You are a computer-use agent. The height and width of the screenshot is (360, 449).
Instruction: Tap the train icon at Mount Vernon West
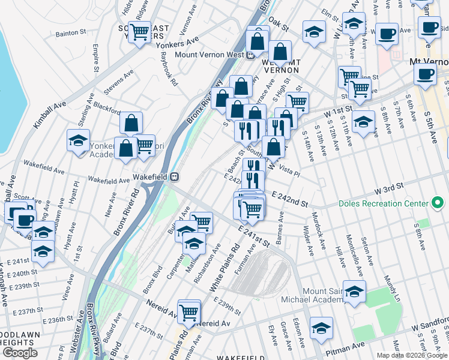tap(249, 55)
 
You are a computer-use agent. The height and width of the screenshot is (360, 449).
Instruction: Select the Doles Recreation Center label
tap(382, 203)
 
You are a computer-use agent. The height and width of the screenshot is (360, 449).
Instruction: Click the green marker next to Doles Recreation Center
tap(438, 203)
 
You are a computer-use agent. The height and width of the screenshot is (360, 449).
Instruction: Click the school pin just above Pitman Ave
tap(322, 327)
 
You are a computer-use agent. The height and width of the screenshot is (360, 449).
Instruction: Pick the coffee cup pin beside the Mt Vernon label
tap(426, 74)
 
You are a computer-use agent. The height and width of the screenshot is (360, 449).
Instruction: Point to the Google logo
tap(20, 353)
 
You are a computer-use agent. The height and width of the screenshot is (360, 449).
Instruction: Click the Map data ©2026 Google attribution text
tap(412, 355)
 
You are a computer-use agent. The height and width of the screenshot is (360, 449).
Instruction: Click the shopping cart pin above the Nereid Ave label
tap(189, 310)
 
